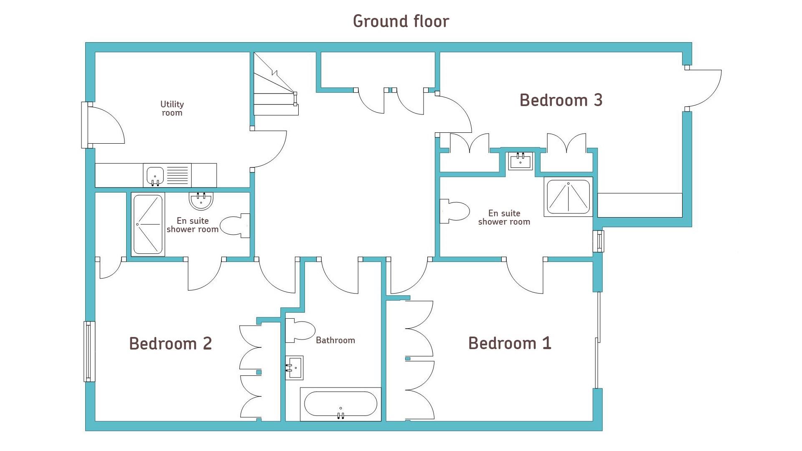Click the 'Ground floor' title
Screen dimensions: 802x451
tap(401, 21)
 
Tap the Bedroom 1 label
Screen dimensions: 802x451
tap(510, 343)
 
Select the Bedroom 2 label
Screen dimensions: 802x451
tap(170, 344)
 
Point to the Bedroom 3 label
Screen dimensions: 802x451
tap(561, 100)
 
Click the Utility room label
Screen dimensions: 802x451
tap(172, 108)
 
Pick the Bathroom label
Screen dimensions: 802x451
tap(335, 340)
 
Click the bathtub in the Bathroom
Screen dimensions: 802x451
tap(340, 404)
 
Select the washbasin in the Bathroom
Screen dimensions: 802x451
tap(294, 367)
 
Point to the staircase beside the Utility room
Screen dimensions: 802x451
tap(276, 84)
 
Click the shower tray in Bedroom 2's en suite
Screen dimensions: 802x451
tap(148, 224)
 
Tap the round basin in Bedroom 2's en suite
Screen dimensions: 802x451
tap(201, 201)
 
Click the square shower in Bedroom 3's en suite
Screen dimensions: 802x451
tap(568, 197)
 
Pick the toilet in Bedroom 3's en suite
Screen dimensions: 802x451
tap(455, 211)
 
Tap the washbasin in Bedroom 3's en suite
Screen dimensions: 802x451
tap(520, 161)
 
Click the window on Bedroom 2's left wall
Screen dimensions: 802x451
tap(89, 351)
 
